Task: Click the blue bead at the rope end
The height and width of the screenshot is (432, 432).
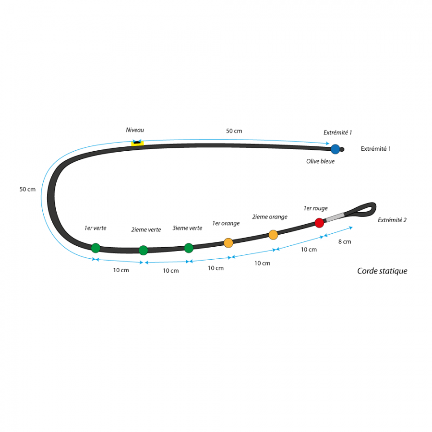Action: [336, 149]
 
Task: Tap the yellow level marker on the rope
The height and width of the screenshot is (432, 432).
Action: [137, 143]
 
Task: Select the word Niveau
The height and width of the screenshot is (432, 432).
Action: [135, 130]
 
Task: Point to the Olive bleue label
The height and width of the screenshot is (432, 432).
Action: [321, 161]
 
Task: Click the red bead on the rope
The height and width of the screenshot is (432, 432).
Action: [319, 223]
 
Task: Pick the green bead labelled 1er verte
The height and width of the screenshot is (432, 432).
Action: [96, 248]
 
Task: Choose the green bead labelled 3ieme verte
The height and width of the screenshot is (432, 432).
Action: [189, 248]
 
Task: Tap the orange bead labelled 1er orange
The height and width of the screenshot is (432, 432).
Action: [228, 243]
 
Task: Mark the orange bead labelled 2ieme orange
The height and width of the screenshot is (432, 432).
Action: [273, 235]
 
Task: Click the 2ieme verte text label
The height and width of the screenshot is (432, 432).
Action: [146, 229]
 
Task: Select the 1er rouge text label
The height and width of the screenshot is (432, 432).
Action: [316, 208]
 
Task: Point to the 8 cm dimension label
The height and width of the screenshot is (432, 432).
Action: [345, 241]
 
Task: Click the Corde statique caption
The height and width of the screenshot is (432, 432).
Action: [382, 271]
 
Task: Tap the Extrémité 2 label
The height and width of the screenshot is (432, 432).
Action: [392, 220]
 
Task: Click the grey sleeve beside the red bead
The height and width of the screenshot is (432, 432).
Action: [335, 217]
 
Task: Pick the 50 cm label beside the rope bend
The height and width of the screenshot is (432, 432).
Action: [27, 189]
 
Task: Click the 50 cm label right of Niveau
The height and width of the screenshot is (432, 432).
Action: [234, 131]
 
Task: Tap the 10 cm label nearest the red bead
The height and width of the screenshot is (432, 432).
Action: [309, 250]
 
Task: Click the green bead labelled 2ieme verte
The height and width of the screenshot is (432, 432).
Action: [143, 250]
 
